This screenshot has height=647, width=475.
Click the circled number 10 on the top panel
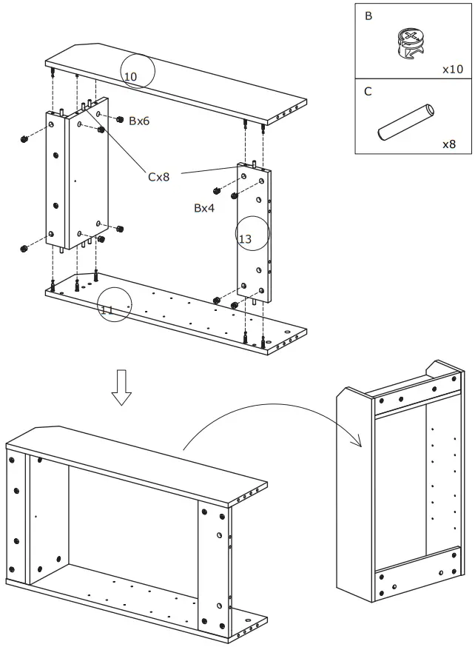[x=131, y=77]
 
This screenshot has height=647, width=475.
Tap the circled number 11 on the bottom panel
[x=107, y=309]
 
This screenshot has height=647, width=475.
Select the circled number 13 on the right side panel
[x=246, y=239]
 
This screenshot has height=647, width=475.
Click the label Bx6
[x=139, y=121]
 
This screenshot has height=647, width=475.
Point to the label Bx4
[x=204, y=209]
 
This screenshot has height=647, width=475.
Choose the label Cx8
[x=159, y=177]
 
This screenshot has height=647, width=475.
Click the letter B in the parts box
[x=368, y=16]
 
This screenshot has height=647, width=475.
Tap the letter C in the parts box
[x=368, y=93]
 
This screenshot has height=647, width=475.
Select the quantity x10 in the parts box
[x=452, y=69]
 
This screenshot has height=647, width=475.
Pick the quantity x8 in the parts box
[x=449, y=144]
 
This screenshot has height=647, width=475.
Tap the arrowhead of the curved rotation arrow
[x=357, y=442]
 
